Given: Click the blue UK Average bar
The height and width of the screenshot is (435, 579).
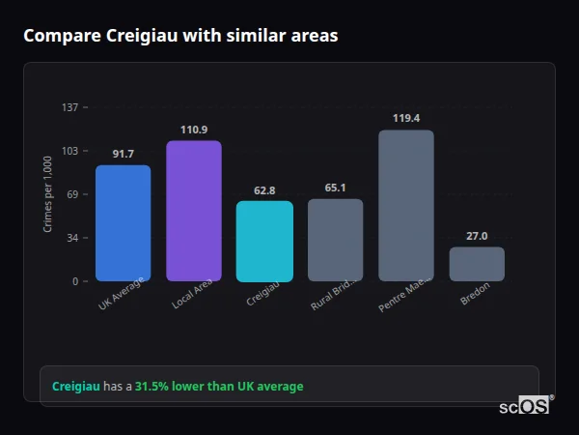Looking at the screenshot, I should point(123,223).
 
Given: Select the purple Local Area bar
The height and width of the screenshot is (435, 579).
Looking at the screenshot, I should point(194,211).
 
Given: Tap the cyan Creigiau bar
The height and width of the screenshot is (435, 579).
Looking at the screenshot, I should point(264,241).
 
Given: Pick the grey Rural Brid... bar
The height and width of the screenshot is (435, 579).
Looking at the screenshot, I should point(335,240).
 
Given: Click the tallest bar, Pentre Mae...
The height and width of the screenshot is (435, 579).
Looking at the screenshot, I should point(406,205).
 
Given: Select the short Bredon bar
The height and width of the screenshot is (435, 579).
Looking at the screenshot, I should point(477,264).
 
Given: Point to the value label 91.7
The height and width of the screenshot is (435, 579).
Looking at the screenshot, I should point(124,154).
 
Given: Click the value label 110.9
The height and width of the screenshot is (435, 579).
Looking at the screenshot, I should point(194,130).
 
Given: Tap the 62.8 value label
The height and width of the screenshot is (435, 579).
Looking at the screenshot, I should point(264,190).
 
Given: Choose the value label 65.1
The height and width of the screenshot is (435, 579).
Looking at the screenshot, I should point(335,188).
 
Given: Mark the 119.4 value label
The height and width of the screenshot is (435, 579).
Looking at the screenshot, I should point(406,118).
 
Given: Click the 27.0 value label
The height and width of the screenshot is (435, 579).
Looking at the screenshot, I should point(477,236).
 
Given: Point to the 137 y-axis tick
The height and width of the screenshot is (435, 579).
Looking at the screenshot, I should point(69,107).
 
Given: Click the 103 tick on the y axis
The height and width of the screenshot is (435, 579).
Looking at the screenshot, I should point(69,151).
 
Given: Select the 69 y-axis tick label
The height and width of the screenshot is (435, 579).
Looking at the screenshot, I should point(72,194).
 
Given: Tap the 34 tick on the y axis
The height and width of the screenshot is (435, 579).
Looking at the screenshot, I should point(72,238).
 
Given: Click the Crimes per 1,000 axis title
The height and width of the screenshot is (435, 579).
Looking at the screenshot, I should point(48,194).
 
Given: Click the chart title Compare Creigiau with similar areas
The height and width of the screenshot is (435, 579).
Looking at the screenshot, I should point(180,36).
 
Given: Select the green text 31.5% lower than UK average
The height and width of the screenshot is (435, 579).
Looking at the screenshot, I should point(219,387).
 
